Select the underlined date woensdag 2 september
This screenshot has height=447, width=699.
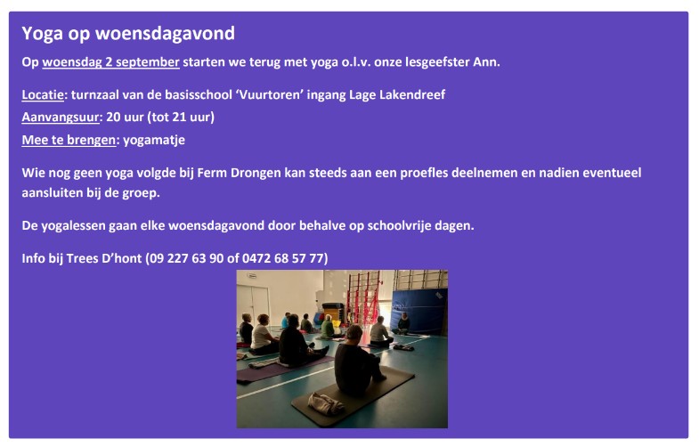[110, 62]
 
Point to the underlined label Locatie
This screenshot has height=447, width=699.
[43, 94]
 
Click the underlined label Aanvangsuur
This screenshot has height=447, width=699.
[61, 118]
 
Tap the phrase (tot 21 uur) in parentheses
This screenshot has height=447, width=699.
[181, 118]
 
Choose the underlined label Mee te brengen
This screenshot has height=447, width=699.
[69, 140]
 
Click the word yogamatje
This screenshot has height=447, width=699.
[154, 141]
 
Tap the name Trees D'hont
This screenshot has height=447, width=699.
[104, 258]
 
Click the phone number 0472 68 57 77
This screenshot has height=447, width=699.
[282, 258]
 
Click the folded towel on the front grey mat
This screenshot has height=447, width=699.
[326, 403]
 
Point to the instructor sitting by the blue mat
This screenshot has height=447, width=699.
[402, 323]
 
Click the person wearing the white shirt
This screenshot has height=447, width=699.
[263, 335]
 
